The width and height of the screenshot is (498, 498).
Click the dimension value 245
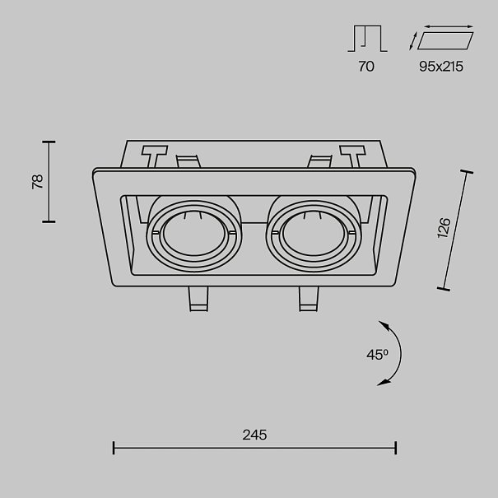pyautogui.click(x=255, y=435)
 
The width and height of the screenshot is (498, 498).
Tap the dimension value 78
pyautogui.click(x=37, y=182)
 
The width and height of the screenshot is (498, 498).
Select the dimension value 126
pyautogui.click(x=444, y=228)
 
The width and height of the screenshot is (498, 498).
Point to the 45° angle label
pyautogui.click(x=376, y=355)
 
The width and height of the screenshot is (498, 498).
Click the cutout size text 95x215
pyautogui.click(x=440, y=67)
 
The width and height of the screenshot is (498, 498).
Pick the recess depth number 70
pyautogui.click(x=366, y=67)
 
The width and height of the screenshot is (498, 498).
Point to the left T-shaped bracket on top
pyautogui.click(x=154, y=156)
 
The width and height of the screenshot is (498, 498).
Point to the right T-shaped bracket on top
pyautogui.click(x=351, y=156)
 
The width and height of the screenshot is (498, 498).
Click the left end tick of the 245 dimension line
pyautogui.click(x=114, y=448)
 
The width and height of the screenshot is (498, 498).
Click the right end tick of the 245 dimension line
pyautogui.click(x=397, y=448)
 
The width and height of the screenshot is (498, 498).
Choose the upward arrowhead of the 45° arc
pyautogui.click(x=384, y=322)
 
